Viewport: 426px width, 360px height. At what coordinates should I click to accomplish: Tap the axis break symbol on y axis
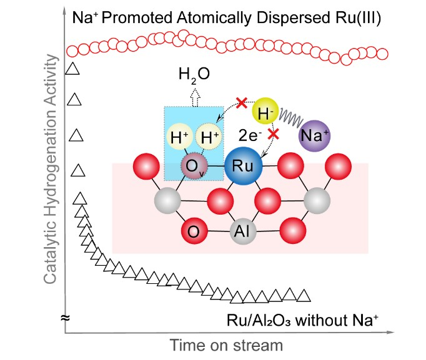tap(64, 318)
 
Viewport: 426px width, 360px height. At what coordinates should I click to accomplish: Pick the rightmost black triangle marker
tap(305, 294)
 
